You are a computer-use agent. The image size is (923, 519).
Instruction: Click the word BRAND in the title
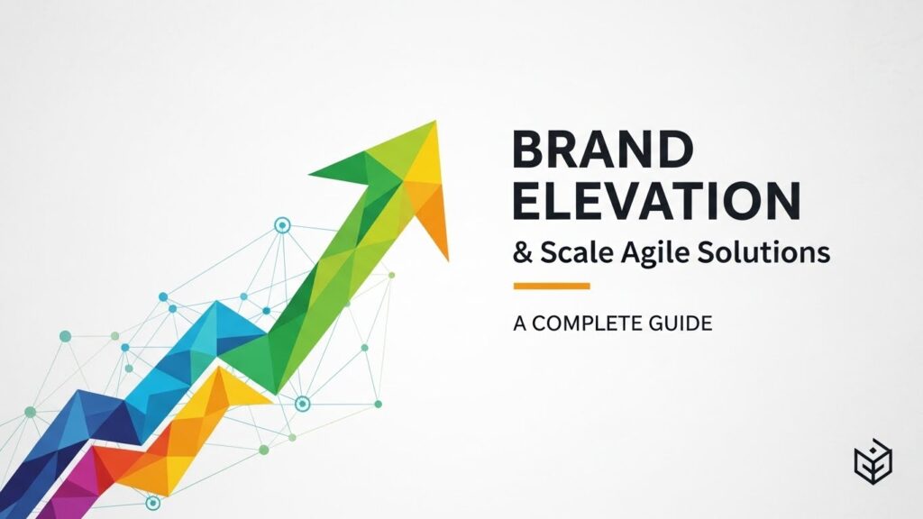pos(602,149)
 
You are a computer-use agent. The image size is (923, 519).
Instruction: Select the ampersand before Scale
pos(523,252)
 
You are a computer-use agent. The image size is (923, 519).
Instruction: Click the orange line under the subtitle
pos(552,287)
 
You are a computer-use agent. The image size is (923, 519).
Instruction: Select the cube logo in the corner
pos(872,463)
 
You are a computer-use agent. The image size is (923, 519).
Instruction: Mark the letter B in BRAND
pos(529,149)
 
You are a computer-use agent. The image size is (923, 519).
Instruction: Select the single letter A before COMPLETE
pos(519,323)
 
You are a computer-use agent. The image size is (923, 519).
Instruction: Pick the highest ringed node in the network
pos(283,223)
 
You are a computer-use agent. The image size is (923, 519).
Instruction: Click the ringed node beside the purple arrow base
pos(152,503)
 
